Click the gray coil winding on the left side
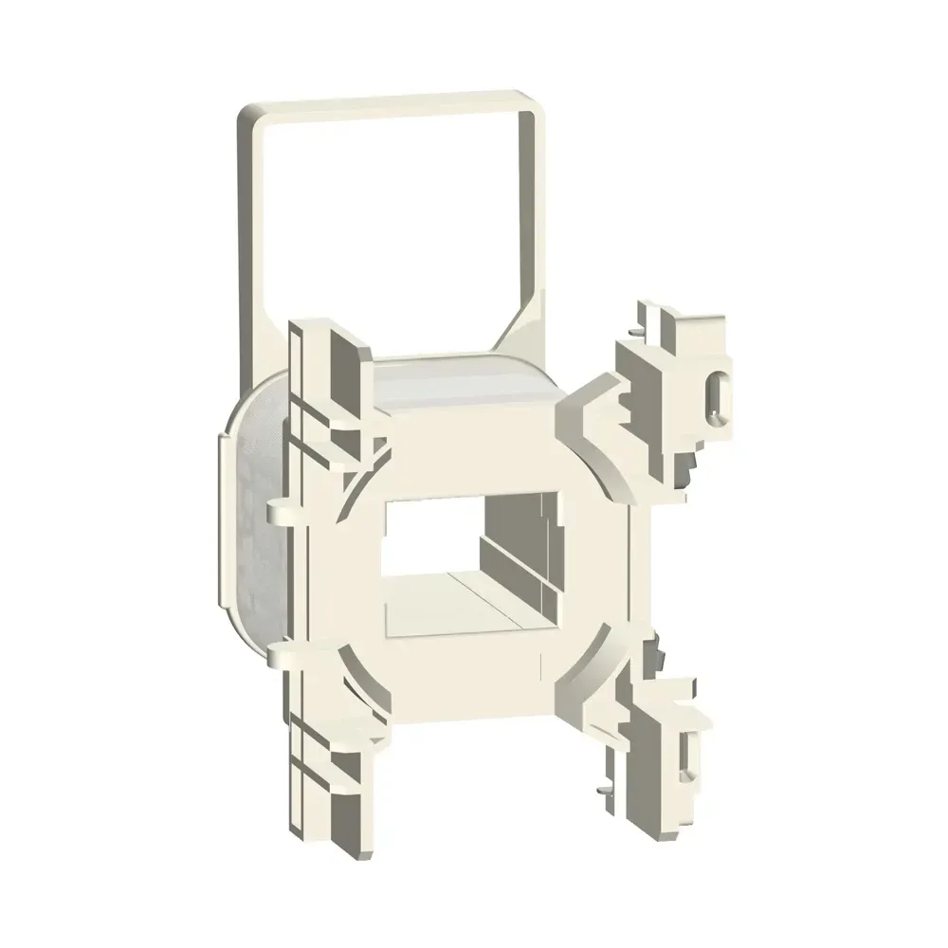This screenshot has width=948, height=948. [x=251, y=531]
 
